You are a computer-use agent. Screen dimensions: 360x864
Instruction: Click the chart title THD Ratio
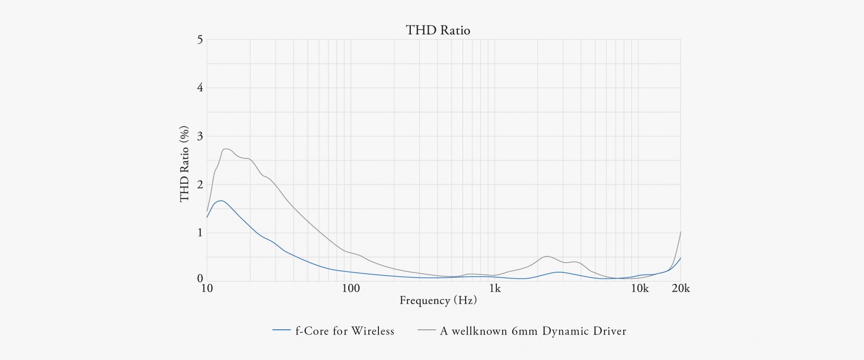pos(438,30)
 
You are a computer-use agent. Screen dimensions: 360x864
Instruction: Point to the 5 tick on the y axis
pos(200,40)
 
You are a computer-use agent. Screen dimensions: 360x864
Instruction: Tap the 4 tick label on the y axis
pos(200,88)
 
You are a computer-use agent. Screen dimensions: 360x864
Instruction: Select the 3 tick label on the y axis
pos(200,136)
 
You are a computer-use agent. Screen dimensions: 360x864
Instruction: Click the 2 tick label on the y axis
pos(200,185)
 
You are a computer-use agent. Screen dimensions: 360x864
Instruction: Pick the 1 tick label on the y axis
pos(200,233)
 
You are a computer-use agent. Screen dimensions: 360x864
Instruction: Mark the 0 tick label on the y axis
pos(200,279)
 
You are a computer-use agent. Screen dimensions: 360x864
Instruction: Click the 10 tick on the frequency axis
pos(207,288)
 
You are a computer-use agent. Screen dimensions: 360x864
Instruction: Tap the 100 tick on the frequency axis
pos(351,288)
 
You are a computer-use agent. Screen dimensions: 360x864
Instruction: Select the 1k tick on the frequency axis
pos(495,288)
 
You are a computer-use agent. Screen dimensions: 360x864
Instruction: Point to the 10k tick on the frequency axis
pos(639,288)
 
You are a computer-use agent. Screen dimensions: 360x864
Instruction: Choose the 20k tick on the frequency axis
pos(681,288)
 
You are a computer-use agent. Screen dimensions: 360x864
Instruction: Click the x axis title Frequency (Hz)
pos(438,300)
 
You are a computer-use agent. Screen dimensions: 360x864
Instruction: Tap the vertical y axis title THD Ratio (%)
pos(184,164)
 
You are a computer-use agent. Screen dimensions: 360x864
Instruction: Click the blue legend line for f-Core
pos(281,330)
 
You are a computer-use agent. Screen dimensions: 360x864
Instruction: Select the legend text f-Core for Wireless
pos(345,331)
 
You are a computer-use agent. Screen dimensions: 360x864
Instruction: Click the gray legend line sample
pos(426,330)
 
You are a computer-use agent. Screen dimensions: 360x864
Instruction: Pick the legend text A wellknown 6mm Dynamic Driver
pos(533,331)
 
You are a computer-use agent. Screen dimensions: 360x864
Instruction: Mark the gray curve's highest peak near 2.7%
pos(226,149)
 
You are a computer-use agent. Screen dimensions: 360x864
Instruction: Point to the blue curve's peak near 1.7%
pos(221,201)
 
